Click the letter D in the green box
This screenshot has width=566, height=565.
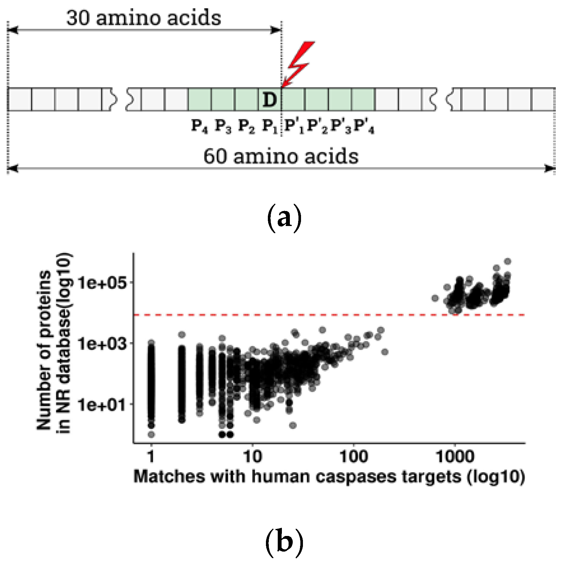pyautogui.click(x=269, y=100)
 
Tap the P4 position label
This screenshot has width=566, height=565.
pyautogui.click(x=200, y=126)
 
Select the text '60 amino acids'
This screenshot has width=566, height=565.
pyautogui.click(x=281, y=156)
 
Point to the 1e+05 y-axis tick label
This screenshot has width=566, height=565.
pyautogui.click(x=102, y=283)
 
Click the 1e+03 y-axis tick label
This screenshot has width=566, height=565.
pyautogui.click(x=102, y=344)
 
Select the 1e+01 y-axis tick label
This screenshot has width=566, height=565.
pyautogui.click(x=102, y=405)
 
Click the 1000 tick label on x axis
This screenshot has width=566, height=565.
pyautogui.click(x=455, y=457)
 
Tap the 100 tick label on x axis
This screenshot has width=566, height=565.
pyautogui.click(x=354, y=457)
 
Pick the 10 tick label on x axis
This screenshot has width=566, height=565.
pyautogui.click(x=252, y=457)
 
